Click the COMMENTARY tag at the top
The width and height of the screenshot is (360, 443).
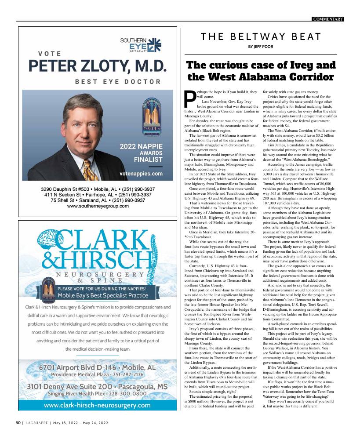(328, 19)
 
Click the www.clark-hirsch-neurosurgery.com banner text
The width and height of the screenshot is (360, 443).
(97, 405)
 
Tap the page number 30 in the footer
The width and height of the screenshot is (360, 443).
(18, 423)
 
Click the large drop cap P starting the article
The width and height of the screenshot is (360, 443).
(189, 99)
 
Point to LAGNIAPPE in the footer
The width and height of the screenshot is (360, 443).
(36, 423)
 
